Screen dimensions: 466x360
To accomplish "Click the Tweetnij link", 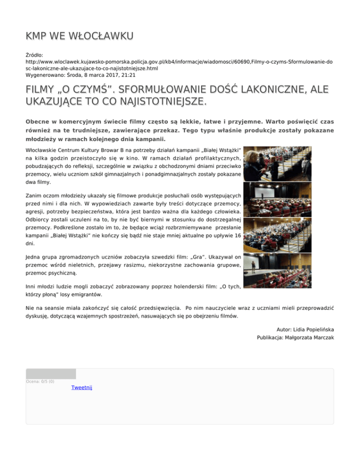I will pos(82,388).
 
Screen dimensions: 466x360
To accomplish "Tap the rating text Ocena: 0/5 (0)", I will pos(40,382).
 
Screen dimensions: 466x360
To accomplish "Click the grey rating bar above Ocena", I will pos(51,374).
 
